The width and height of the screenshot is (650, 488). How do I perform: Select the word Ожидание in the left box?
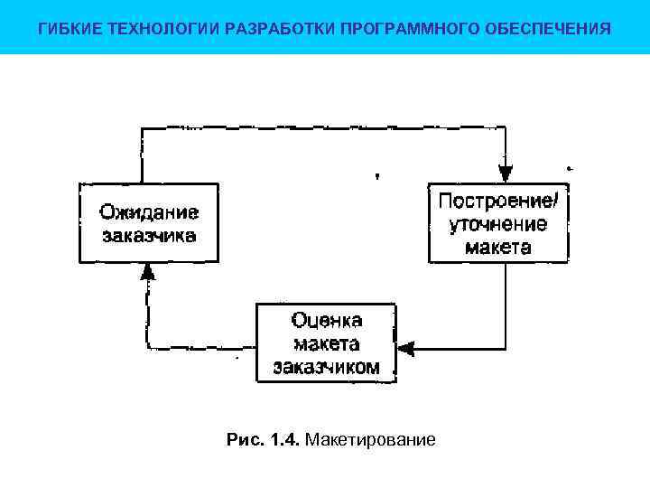tap(149, 212)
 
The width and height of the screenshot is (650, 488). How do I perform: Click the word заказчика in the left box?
tap(149, 237)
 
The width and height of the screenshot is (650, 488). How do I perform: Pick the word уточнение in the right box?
tap(498, 223)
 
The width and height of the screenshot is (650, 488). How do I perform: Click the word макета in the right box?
tap(498, 247)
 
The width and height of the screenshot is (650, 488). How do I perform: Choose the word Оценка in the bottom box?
tap(327, 320)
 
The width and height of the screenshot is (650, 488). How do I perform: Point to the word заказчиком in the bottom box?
tap(327, 367)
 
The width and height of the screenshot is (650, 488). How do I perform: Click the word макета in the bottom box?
tap(327, 343)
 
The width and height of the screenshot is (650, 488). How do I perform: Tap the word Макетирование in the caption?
tap(371, 440)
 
